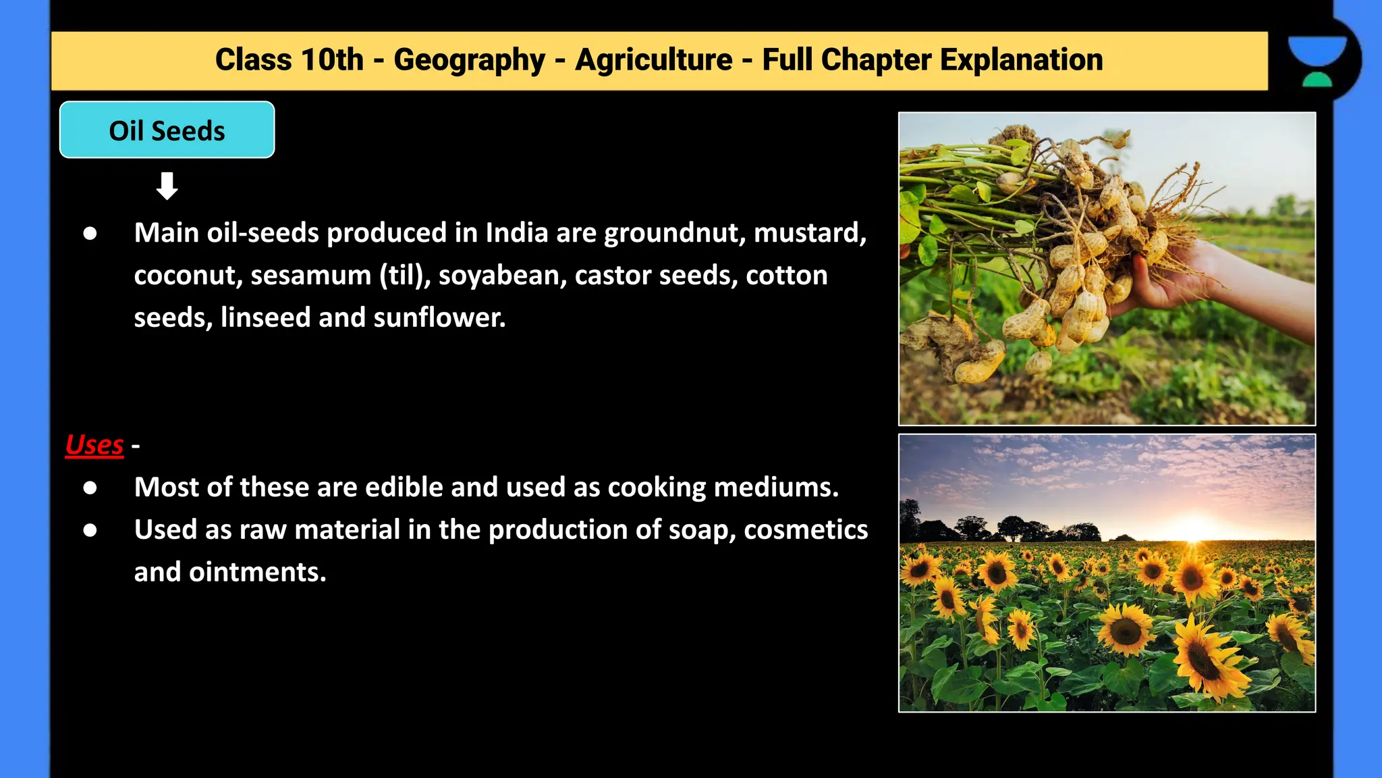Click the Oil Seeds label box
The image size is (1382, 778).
coord(167,130)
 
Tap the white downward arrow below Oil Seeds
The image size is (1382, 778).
coord(167,186)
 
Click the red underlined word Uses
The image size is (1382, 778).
coord(94,445)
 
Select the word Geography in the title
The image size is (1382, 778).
coord(469,60)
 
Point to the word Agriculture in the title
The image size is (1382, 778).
coord(653,60)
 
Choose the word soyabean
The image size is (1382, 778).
coord(502,276)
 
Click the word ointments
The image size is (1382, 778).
coord(257,572)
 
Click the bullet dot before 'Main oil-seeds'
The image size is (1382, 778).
coord(90,234)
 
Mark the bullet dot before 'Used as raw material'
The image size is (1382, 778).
coord(90,530)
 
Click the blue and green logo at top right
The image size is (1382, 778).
coord(1317,61)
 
